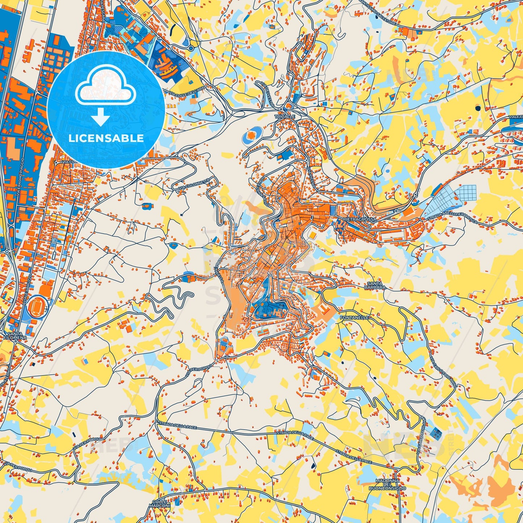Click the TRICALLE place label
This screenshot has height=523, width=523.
coord(285,117)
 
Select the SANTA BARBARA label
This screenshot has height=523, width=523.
coord(375,285)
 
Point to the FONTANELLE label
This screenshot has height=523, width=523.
coord(354,317)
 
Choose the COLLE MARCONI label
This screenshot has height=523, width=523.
coord(159,503)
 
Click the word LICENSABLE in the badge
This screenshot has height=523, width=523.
coord(106,138)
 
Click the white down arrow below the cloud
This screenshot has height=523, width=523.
coord(101,117)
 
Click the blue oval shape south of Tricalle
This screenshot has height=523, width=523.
coord(252,135)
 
